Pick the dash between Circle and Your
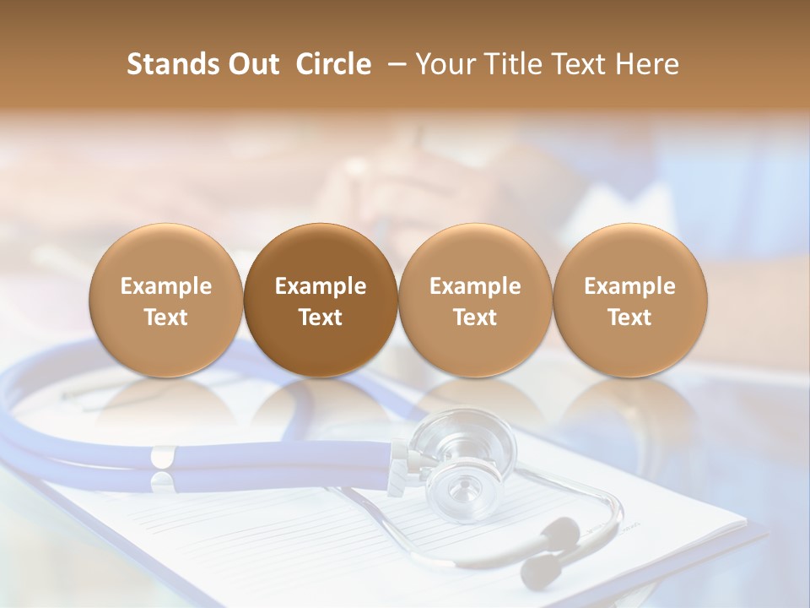393,65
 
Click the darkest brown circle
321,301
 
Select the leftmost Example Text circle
166,301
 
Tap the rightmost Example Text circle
630,301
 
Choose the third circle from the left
475,301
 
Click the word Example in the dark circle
321,286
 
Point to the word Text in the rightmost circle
630,318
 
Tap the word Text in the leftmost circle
166,318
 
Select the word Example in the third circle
475,286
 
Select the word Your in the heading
444,64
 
